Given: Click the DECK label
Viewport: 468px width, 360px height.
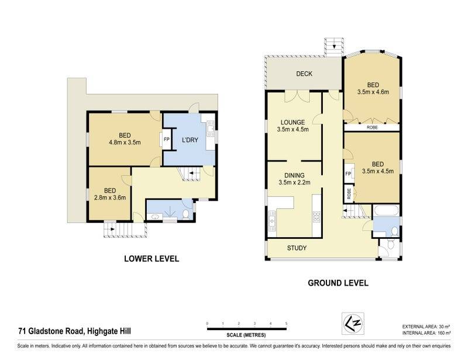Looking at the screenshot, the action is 304,74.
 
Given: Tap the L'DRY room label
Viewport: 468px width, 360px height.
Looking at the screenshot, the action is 190,140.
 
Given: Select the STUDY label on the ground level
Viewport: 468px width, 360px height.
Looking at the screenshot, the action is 297,248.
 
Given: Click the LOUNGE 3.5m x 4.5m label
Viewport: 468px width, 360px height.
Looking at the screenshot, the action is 292,126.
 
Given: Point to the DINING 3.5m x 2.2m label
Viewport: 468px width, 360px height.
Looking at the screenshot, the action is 294,179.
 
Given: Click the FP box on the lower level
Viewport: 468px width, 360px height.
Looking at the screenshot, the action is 166,139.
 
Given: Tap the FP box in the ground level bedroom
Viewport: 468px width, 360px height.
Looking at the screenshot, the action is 348,174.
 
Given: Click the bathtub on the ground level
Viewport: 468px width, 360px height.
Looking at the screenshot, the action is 386,210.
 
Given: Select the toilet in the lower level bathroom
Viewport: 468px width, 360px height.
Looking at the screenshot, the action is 185,214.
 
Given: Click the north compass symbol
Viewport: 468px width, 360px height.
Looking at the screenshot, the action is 353,323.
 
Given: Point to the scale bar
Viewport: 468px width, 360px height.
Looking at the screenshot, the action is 246,329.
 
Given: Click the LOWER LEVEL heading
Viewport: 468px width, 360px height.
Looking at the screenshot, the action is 152,259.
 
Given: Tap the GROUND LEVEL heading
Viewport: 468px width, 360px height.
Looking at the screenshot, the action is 338,283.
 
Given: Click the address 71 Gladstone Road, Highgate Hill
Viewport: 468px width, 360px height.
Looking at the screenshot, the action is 75,331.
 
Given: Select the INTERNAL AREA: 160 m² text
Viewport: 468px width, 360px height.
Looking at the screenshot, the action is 426,333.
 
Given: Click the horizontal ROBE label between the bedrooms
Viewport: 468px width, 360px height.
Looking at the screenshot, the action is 372,127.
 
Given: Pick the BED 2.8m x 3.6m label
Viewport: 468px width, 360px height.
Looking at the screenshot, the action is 110,194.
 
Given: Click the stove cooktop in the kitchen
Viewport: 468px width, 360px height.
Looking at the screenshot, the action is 316,217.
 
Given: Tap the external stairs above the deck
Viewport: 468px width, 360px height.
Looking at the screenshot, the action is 334,47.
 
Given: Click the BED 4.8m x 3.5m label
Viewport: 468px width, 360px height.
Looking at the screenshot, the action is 125,139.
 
